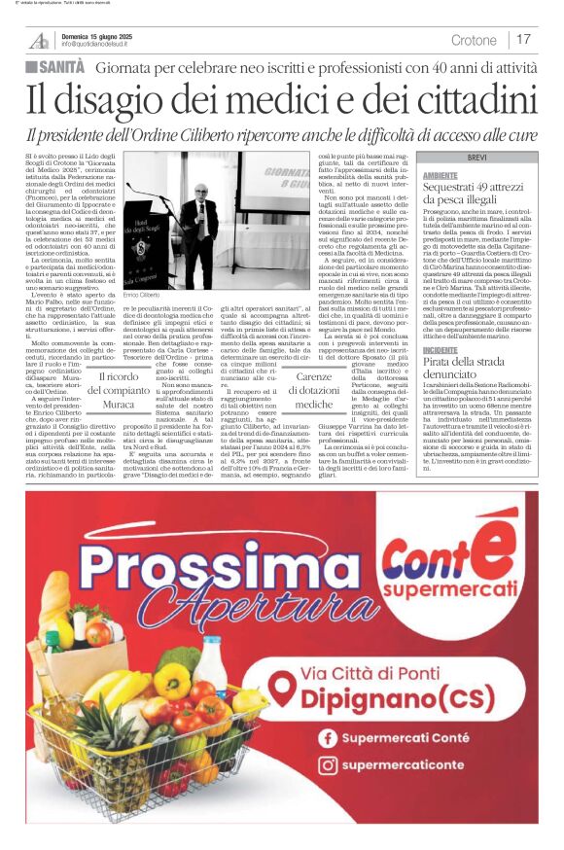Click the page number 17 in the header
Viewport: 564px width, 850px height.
click(x=524, y=39)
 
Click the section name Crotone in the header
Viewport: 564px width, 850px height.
click(x=474, y=40)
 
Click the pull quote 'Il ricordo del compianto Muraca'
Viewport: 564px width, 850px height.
click(x=119, y=389)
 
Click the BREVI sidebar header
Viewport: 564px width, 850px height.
click(x=476, y=157)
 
